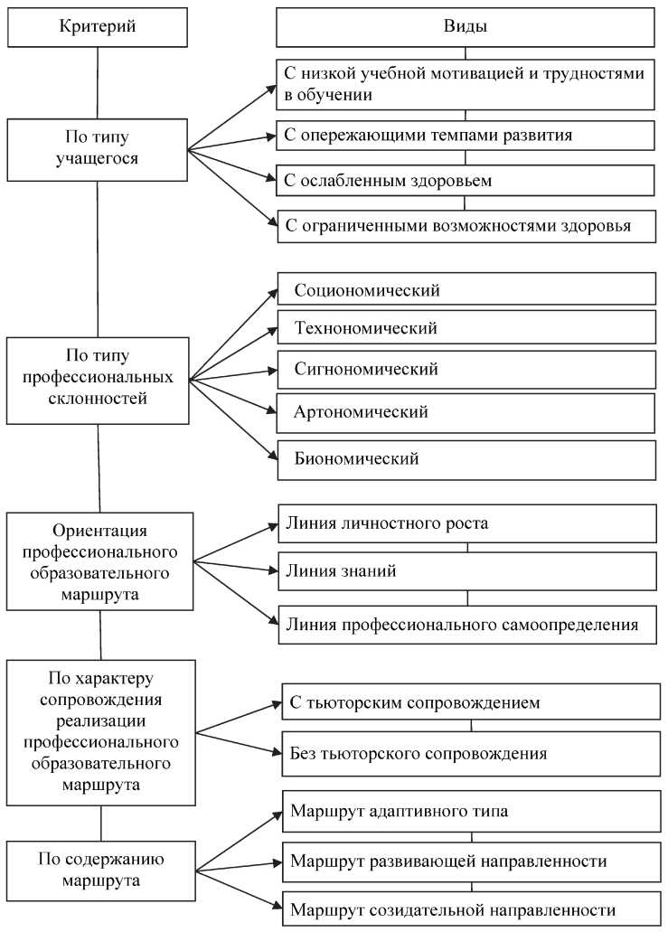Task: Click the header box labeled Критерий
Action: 98,26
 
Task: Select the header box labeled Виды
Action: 466,26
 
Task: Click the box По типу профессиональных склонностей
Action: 98,380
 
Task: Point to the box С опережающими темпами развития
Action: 466,136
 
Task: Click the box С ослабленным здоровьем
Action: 466,180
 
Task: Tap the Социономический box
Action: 466,290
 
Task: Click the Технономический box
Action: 466,328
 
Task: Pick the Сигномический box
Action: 466,369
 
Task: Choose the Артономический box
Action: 466,412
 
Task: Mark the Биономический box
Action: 466,458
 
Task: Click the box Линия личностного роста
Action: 466,523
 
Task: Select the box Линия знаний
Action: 466,571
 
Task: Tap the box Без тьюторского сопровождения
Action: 471,752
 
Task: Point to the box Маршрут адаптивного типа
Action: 471,811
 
